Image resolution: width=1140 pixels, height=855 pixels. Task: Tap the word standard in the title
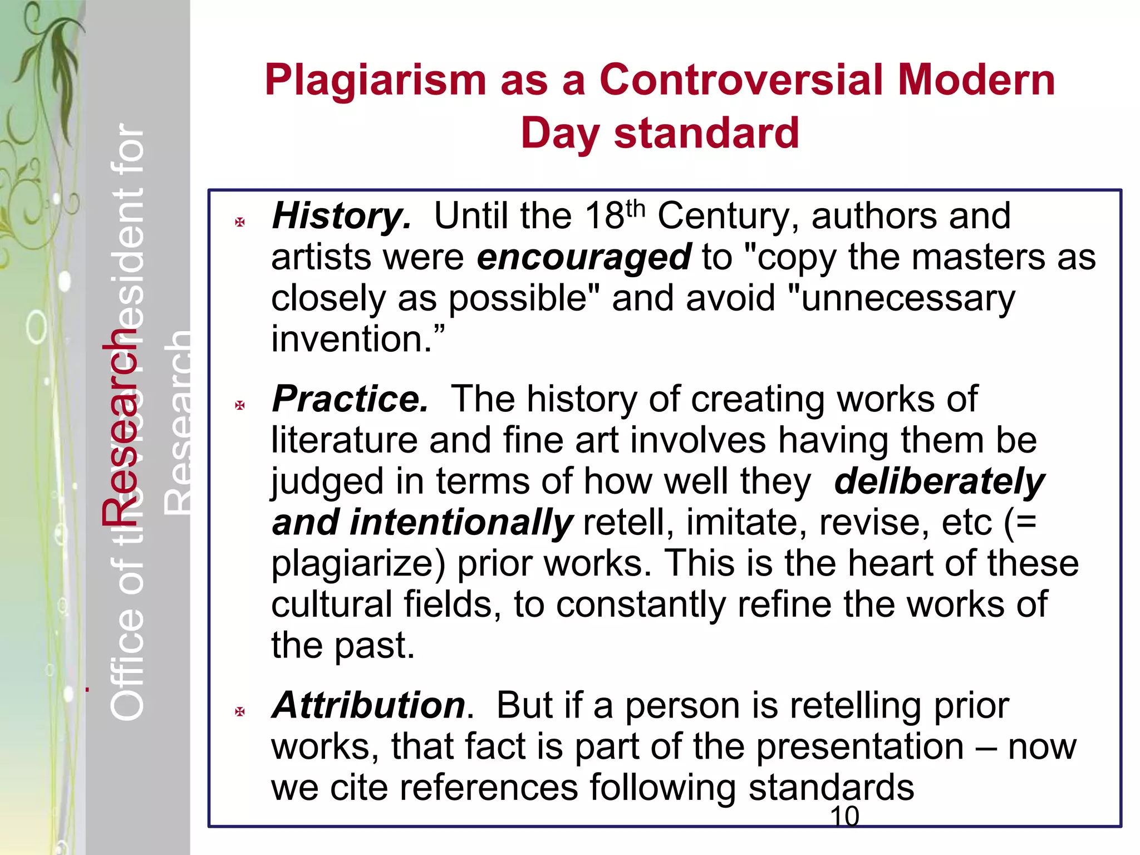pyautogui.click(x=706, y=134)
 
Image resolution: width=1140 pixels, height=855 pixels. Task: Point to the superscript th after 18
pyautogui.click(x=635, y=208)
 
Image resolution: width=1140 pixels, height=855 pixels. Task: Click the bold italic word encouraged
pyautogui.click(x=584, y=257)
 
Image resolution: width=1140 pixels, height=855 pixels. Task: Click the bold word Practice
pyautogui.click(x=350, y=399)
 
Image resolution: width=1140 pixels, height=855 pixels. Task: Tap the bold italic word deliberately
pyautogui.click(x=939, y=481)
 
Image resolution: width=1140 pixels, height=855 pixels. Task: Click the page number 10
pyautogui.click(x=844, y=817)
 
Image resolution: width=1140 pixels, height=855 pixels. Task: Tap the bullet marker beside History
pyautogui.click(x=240, y=223)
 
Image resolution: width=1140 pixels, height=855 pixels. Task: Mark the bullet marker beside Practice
pyautogui.click(x=240, y=405)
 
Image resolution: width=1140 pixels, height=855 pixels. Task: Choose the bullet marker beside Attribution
pyautogui.click(x=240, y=711)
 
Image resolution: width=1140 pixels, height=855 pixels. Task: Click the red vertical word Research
pyautogui.click(x=119, y=429)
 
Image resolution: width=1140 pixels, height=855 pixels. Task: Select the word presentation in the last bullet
pyautogui.click(x=859, y=746)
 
